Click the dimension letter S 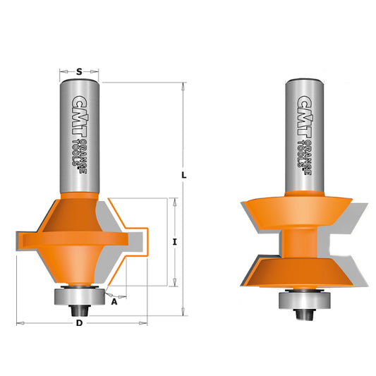pyautogui.click(x=79, y=71)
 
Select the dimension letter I pyautogui.click(x=174, y=242)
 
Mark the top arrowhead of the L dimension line pyautogui.click(x=183, y=87)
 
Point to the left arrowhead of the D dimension pyautogui.click(x=20, y=323)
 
